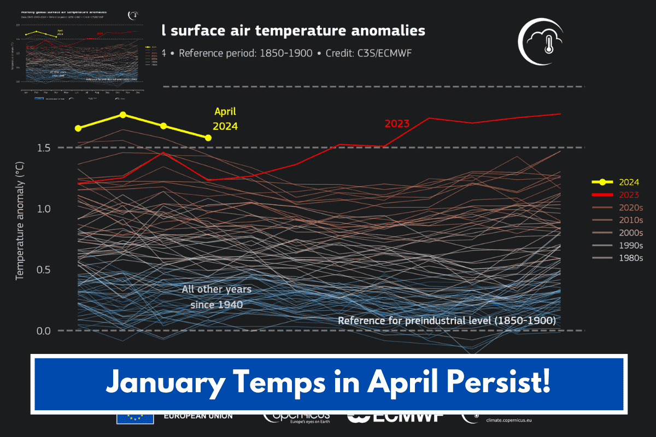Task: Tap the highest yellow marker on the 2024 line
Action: click(x=123, y=115)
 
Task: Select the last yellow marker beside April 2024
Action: click(x=208, y=138)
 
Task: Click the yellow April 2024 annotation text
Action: click(x=225, y=119)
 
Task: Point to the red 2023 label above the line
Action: click(x=397, y=123)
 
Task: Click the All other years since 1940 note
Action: click(x=212, y=297)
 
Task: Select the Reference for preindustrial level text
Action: click(x=447, y=321)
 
